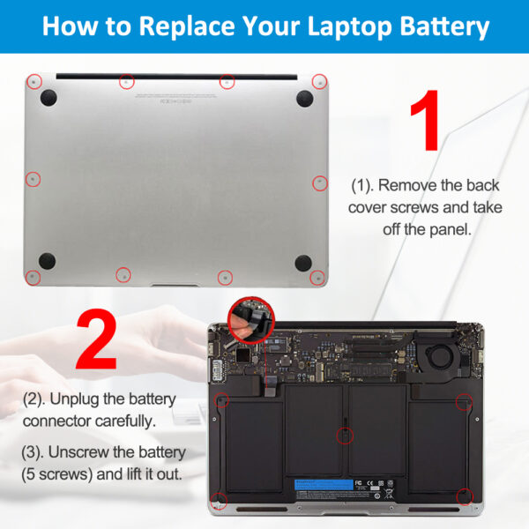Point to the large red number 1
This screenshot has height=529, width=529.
pyautogui.click(x=425, y=124)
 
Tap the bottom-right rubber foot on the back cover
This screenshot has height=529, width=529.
pyautogui.click(x=303, y=262)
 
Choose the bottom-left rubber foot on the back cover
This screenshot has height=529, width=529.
pyautogui.click(x=48, y=260)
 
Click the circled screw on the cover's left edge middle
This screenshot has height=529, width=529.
pyautogui.click(x=33, y=179)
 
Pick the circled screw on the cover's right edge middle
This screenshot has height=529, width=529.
pyautogui.click(x=320, y=183)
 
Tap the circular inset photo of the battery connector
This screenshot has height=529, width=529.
pyautogui.click(x=251, y=318)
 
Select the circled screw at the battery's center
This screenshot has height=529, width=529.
pyautogui.click(x=346, y=435)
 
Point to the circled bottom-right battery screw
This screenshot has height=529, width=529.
pyautogui.click(x=464, y=497)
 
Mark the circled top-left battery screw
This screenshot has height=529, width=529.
pyautogui.click(x=222, y=399)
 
